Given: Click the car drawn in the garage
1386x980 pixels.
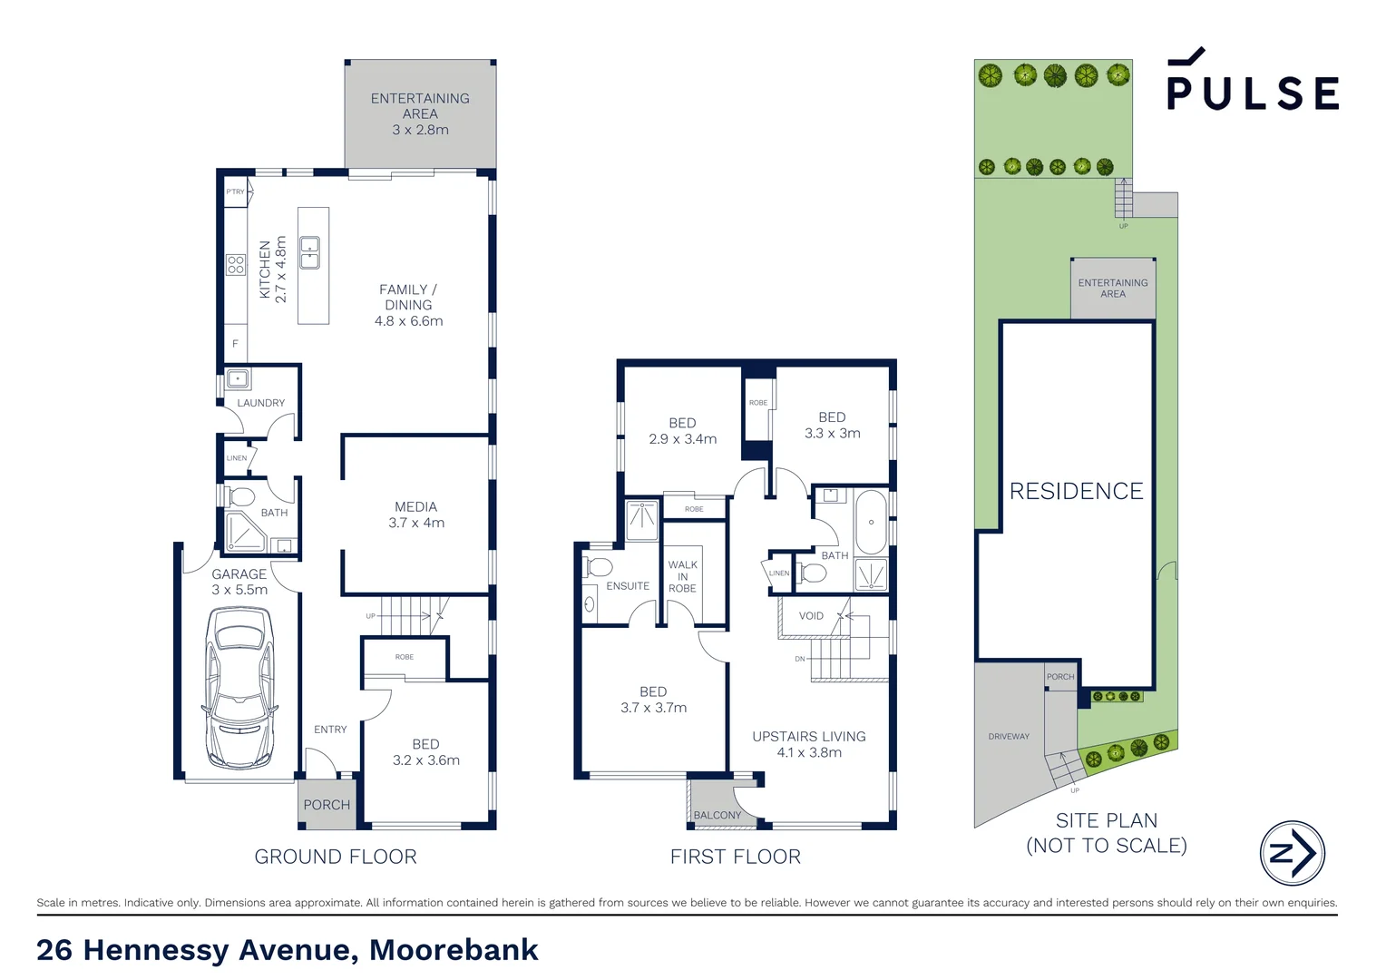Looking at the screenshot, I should [239, 688].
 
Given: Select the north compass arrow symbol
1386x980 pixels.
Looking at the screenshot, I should [1292, 853].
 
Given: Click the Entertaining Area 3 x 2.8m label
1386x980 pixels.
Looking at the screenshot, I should [420, 113].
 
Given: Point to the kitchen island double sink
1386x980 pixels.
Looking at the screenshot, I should [309, 252].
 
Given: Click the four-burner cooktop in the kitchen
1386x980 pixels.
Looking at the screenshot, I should [236, 264].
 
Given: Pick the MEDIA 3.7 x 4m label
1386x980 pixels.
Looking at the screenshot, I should [416, 514].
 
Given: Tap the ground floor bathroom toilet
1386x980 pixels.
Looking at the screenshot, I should [241, 497].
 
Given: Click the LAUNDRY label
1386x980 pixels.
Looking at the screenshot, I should [260, 403].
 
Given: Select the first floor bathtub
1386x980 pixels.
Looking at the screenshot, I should [871, 523].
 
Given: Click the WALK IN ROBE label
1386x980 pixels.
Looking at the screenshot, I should [682, 576].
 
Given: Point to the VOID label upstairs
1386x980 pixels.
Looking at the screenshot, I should [811, 616].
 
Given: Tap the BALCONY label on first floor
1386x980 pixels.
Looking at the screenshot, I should [717, 815].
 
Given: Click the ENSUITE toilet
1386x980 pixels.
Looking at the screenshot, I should [599, 568].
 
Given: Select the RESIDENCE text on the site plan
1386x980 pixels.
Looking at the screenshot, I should [1076, 491].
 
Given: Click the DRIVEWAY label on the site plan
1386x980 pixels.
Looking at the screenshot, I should [1009, 737].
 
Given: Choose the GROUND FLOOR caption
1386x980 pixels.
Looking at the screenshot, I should [336, 857].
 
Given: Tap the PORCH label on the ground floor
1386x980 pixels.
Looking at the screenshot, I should [327, 805].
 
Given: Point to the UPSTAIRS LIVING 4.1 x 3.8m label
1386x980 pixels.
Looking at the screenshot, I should [808, 744].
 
